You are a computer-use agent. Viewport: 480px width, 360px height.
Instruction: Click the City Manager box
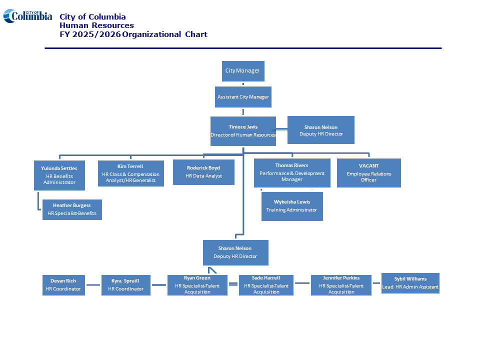click(242, 71)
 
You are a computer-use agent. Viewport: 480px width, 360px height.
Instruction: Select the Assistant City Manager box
click(243, 97)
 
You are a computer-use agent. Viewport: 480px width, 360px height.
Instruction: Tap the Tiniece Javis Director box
click(243, 131)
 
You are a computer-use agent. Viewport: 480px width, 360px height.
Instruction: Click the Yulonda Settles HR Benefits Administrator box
click(59, 175)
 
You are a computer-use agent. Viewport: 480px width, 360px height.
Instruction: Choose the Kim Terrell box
click(130, 173)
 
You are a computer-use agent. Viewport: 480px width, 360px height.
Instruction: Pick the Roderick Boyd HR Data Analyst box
click(203, 172)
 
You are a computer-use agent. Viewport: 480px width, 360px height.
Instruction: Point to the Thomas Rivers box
click(292, 173)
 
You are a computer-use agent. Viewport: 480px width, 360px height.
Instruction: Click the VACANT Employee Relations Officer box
click(368, 173)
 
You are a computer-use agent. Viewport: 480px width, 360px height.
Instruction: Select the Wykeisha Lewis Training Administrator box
click(292, 206)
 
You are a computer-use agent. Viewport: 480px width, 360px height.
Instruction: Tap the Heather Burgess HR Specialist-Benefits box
click(72, 209)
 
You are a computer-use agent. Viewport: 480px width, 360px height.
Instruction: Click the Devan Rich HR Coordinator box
click(63, 285)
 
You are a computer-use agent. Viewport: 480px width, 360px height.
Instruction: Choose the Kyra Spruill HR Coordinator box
click(125, 285)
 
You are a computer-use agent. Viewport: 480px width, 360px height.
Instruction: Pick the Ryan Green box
click(197, 285)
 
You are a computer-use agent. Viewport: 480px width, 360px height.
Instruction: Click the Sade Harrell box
click(266, 285)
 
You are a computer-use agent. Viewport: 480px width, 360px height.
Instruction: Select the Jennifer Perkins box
click(341, 285)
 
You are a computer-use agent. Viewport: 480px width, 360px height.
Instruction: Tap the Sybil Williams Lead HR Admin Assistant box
click(410, 283)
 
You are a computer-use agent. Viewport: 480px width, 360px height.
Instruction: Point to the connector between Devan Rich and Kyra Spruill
click(93, 285)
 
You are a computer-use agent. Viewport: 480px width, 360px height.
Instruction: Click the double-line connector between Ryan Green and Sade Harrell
click(233, 284)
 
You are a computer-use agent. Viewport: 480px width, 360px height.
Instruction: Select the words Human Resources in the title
click(96, 25)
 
